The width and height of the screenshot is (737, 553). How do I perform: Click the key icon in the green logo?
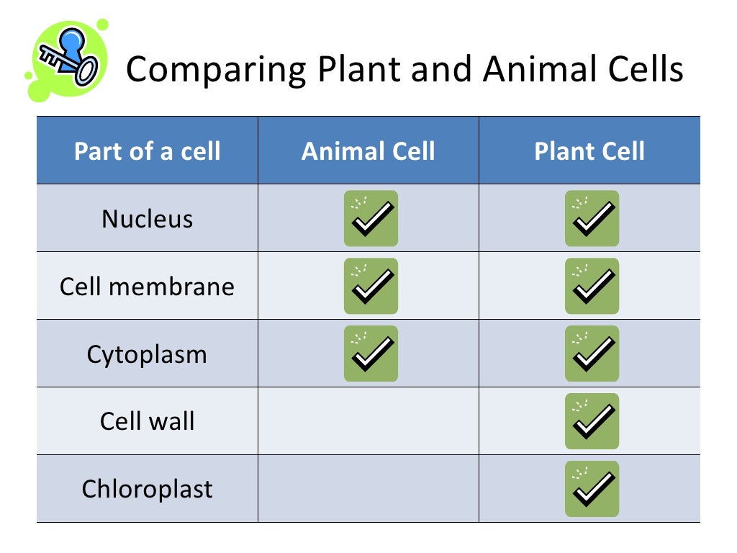(x=68, y=58)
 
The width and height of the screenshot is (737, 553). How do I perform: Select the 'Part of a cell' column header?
(x=148, y=151)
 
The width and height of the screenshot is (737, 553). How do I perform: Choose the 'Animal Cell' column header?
(x=368, y=151)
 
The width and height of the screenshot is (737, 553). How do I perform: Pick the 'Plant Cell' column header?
(x=589, y=151)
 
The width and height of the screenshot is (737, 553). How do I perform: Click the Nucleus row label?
(x=148, y=218)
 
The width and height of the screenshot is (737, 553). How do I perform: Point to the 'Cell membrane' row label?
(x=148, y=286)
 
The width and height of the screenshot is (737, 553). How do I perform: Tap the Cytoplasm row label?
(x=148, y=354)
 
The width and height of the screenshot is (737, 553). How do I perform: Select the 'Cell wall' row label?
(x=148, y=421)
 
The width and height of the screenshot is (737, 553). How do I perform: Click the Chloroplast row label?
(x=148, y=489)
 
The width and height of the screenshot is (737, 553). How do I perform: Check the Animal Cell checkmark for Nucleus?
(x=371, y=218)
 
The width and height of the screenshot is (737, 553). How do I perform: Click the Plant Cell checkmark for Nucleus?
(x=592, y=218)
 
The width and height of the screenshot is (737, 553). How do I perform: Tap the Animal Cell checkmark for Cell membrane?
(x=371, y=286)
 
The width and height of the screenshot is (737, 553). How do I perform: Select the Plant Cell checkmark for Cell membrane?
(x=592, y=286)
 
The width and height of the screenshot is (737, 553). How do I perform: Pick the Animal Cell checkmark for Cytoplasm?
(x=371, y=354)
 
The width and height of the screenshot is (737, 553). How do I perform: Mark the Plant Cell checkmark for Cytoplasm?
(x=592, y=354)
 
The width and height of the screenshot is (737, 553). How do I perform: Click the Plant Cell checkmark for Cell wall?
(x=592, y=421)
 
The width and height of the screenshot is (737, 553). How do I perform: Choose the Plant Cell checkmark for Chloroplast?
(x=592, y=489)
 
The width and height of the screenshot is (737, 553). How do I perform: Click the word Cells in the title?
(x=645, y=70)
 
